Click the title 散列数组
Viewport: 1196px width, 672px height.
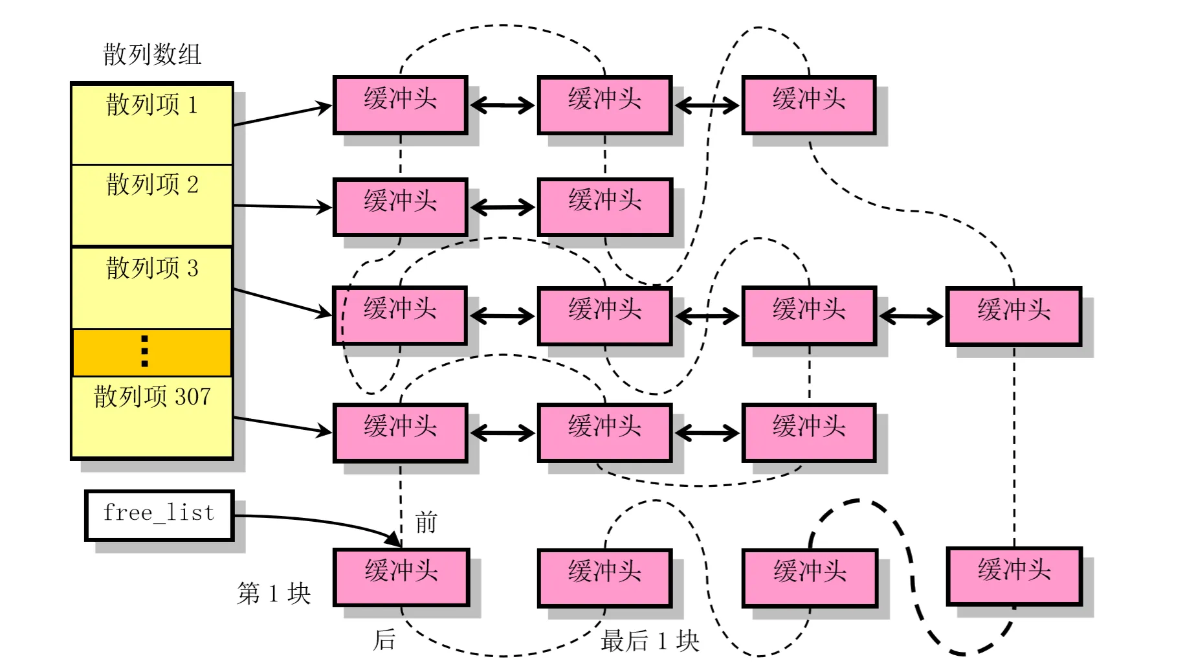152,54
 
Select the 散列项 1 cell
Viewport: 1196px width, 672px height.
152,123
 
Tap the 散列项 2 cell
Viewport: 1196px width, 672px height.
152,205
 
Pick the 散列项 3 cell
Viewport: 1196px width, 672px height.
152,287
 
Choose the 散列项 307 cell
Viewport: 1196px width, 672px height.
152,416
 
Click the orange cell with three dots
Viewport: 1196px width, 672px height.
152,352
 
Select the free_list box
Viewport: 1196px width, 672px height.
159,515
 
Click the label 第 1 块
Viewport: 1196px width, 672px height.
274,593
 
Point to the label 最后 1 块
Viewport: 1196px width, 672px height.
650,641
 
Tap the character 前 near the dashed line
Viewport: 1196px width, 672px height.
426,522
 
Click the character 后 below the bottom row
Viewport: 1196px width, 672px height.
384,640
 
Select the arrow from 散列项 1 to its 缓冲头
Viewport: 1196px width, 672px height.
283,115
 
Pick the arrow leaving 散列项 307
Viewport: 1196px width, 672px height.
283,425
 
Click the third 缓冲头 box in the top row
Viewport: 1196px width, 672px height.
809,105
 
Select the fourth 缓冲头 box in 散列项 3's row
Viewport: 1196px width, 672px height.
1013,316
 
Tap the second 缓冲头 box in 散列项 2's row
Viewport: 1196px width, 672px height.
605,207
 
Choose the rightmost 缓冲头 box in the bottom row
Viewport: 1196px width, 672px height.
1014,576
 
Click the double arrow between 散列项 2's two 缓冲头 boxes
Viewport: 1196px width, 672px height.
502,207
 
